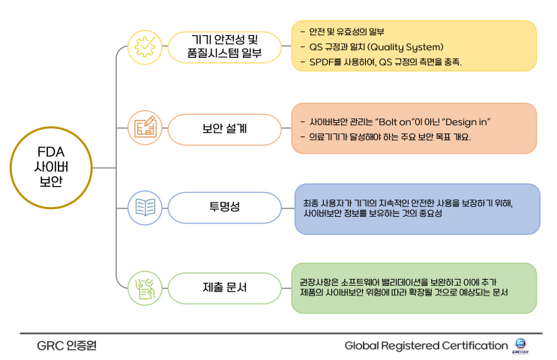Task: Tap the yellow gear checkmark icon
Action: point(145,47)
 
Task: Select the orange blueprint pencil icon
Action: point(145,127)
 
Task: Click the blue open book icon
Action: point(145,208)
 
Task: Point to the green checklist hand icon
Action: point(145,288)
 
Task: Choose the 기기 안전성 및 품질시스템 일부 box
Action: point(224,47)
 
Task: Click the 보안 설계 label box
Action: point(224,129)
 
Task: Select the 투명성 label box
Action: point(224,208)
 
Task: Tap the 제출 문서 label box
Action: point(224,288)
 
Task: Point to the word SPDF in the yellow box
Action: point(322,62)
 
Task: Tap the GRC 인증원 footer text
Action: point(67,346)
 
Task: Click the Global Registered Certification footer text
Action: point(426,346)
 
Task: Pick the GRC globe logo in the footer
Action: point(520,346)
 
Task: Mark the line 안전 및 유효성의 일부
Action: point(346,32)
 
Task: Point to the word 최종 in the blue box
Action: point(310,203)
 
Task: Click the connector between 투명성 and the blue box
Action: point(288,208)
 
